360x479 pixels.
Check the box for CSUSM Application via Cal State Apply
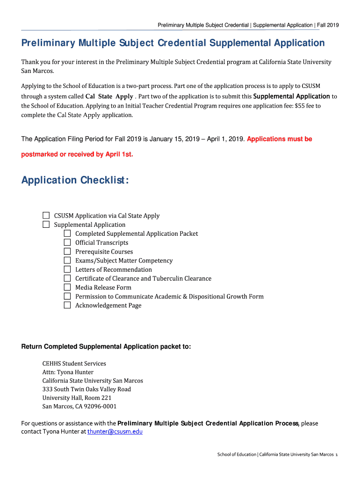tap(46, 216)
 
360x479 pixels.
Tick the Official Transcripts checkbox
tap(67, 242)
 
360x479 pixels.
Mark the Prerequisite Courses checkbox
tap(67, 252)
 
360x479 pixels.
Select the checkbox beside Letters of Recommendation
tap(67, 269)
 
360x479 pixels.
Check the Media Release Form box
tap(67, 287)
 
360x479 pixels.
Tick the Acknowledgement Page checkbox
tap(67, 305)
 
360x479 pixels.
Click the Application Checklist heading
tap(75, 180)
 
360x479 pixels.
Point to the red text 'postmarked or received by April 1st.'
tap(77, 154)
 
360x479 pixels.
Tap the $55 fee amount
tap(300, 106)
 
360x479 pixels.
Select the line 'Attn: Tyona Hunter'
tap(68, 372)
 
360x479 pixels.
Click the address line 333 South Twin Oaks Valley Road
tap(86, 389)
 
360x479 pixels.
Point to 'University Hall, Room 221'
tap(77, 398)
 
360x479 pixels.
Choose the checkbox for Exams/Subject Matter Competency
tap(67, 261)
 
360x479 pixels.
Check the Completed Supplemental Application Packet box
tap(67, 233)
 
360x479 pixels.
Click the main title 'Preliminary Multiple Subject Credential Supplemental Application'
tap(173, 43)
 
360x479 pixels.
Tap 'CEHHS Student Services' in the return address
tap(74, 363)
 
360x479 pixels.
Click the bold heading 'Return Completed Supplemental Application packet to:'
tap(106, 347)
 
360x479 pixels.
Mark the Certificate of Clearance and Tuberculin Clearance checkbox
tap(67, 278)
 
